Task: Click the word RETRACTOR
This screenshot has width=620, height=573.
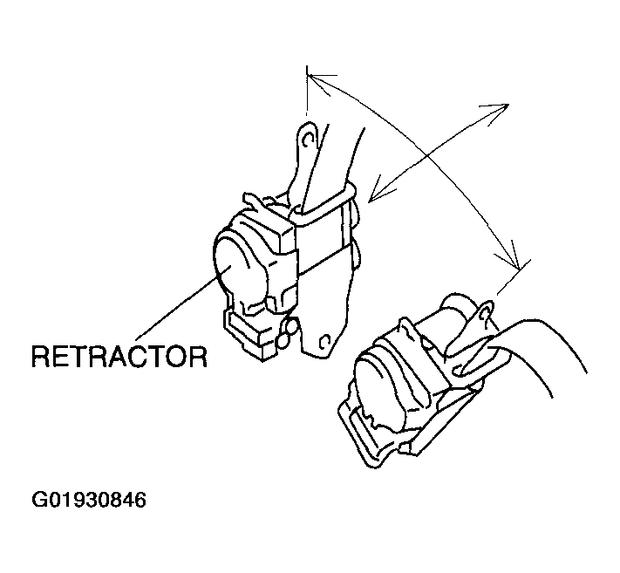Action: (119, 357)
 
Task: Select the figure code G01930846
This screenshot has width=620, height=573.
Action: (89, 500)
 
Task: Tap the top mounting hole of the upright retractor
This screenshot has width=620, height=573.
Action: (309, 139)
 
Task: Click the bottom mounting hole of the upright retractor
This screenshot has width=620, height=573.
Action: (325, 342)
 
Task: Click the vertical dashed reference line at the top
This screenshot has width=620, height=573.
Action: (307, 90)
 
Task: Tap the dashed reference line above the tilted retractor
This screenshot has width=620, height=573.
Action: (514, 277)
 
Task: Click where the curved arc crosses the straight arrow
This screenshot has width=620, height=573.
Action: (427, 157)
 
